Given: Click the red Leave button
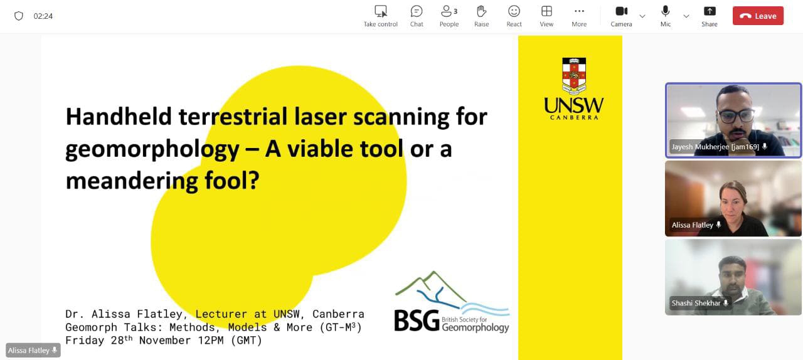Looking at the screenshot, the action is (758, 16).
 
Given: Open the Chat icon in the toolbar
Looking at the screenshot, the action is (417, 11).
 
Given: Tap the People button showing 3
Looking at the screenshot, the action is (449, 11).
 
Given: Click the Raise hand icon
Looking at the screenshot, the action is (481, 11).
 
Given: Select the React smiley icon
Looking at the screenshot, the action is (514, 11).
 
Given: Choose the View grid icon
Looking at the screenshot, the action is (546, 11).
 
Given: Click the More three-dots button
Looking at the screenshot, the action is (579, 11).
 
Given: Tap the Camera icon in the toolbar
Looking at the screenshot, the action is (622, 11).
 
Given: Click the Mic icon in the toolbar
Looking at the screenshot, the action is (666, 11).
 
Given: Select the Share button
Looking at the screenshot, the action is (710, 11).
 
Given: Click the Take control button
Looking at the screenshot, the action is (380, 11).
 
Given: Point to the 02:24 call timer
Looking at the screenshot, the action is (43, 16).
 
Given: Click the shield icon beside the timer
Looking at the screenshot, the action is (19, 16).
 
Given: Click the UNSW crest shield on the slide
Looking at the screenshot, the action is (574, 75).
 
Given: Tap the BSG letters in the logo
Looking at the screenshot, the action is (417, 320).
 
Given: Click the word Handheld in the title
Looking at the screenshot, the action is (119, 117).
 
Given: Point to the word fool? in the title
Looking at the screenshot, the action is (232, 181).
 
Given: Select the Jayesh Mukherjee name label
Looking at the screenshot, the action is (716, 147).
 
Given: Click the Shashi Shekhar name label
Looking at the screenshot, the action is (696, 303).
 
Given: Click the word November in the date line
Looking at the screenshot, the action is (165, 341).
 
